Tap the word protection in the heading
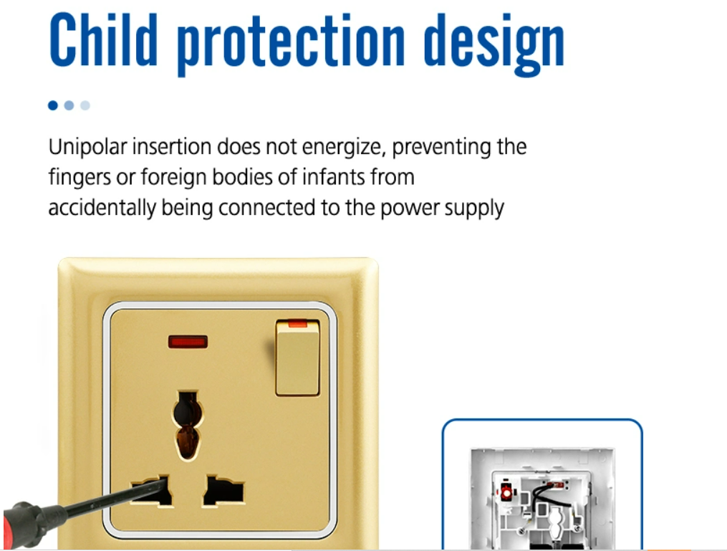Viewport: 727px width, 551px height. tap(292, 44)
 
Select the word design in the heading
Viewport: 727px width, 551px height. tap(494, 44)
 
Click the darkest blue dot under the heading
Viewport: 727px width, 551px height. tap(53, 105)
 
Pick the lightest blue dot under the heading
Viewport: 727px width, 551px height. tap(85, 105)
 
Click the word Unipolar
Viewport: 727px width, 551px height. tap(87, 148)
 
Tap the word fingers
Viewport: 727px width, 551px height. tap(80, 178)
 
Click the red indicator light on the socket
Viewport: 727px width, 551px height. tap(188, 342)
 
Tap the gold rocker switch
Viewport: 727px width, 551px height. tap(298, 358)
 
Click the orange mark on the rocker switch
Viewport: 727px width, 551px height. tap(298, 323)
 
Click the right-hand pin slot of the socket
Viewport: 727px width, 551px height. tap(223, 491)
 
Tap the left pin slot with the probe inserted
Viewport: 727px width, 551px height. tap(152, 491)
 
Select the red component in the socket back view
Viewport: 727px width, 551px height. tap(506, 491)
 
